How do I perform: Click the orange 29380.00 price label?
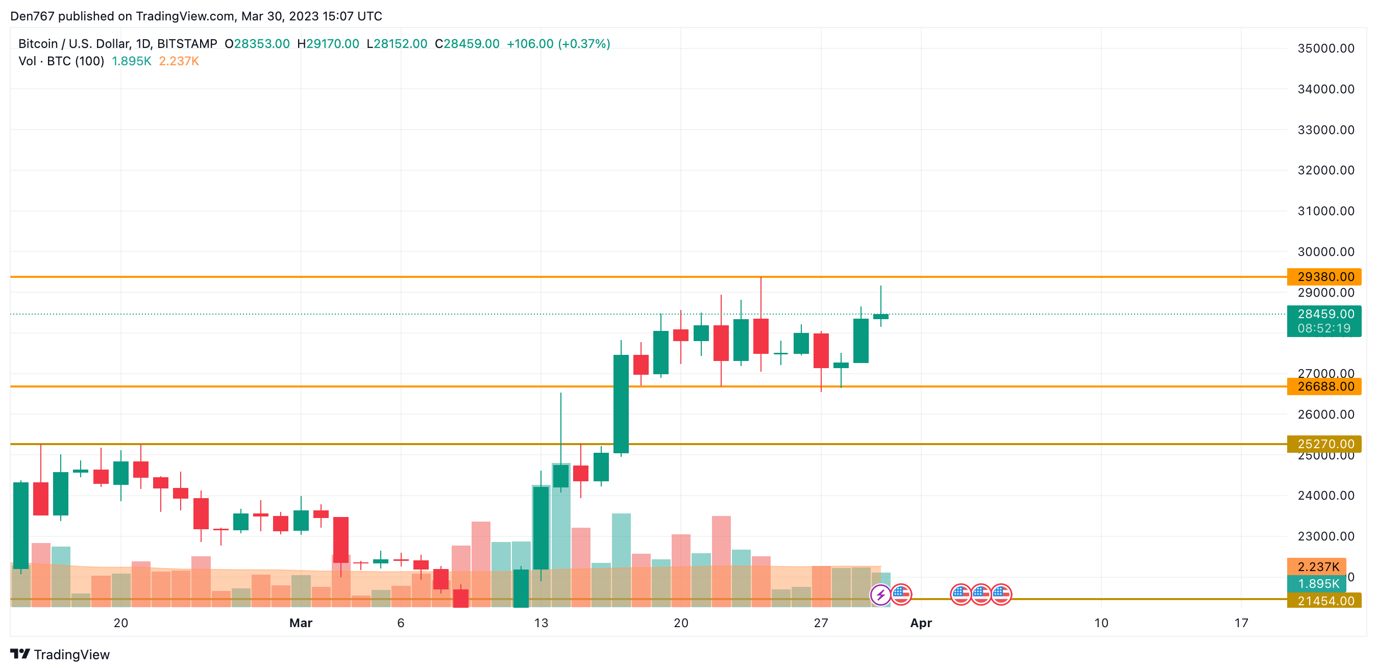1325,277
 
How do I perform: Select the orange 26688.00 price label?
1325,386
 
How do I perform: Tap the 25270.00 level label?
1325,444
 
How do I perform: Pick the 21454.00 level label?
1325,601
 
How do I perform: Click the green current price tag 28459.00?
1325,314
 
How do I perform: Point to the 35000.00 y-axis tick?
1325,48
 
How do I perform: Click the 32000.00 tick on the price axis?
1325,170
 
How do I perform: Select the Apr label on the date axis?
921,623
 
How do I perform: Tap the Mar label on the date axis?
301,623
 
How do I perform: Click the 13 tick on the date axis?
540,623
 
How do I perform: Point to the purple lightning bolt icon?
880,595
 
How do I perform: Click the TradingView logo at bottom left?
60,654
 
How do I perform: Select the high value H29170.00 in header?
328,44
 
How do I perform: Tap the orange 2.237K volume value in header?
179,61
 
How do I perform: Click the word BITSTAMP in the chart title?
187,44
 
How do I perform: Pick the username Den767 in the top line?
32,16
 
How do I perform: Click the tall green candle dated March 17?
621,403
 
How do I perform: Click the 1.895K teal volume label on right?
1318,584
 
